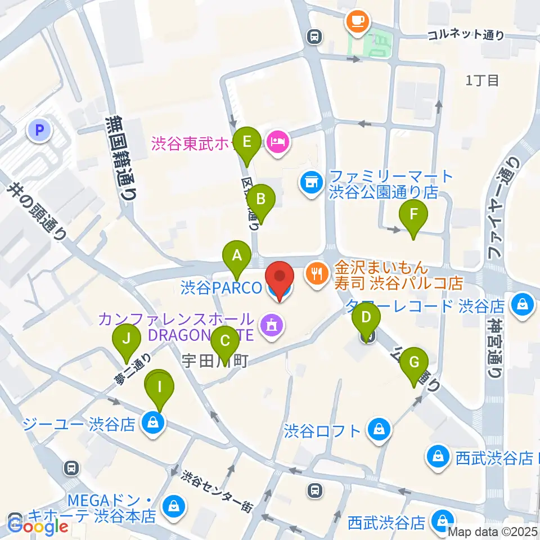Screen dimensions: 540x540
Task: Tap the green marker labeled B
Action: pos(261,199)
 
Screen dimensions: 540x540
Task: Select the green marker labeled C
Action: pos(225,341)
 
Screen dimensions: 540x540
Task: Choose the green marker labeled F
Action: pos(414,215)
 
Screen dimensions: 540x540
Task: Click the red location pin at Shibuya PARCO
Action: pos(280,278)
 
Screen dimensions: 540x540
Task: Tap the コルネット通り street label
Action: pos(466,35)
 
